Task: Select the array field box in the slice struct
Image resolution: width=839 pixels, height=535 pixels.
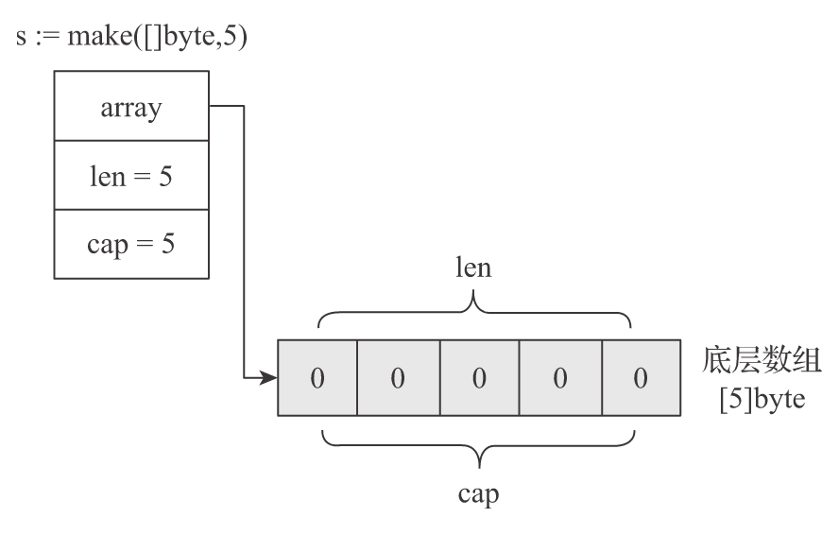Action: pos(131,107)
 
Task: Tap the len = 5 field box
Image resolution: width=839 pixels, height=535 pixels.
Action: pos(131,176)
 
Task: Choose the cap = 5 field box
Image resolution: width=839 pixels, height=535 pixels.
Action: pos(131,245)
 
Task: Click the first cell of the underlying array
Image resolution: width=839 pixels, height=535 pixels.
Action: pos(317,378)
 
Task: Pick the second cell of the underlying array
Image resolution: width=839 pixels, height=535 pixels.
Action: pos(398,378)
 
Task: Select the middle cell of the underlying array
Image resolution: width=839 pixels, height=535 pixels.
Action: pos(479,378)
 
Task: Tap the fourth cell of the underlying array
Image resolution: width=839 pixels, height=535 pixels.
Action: pos(559,378)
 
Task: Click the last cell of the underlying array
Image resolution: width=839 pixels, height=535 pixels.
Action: pos(640,378)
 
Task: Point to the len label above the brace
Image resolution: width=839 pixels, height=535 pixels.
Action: pos(474,267)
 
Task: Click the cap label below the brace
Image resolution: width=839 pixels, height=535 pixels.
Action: pos(479,493)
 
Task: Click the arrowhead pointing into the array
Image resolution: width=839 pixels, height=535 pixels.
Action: pos(270,379)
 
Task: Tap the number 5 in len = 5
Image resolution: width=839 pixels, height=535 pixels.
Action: pos(166,176)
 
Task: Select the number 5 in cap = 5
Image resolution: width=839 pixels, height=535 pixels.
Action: pos(168,245)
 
